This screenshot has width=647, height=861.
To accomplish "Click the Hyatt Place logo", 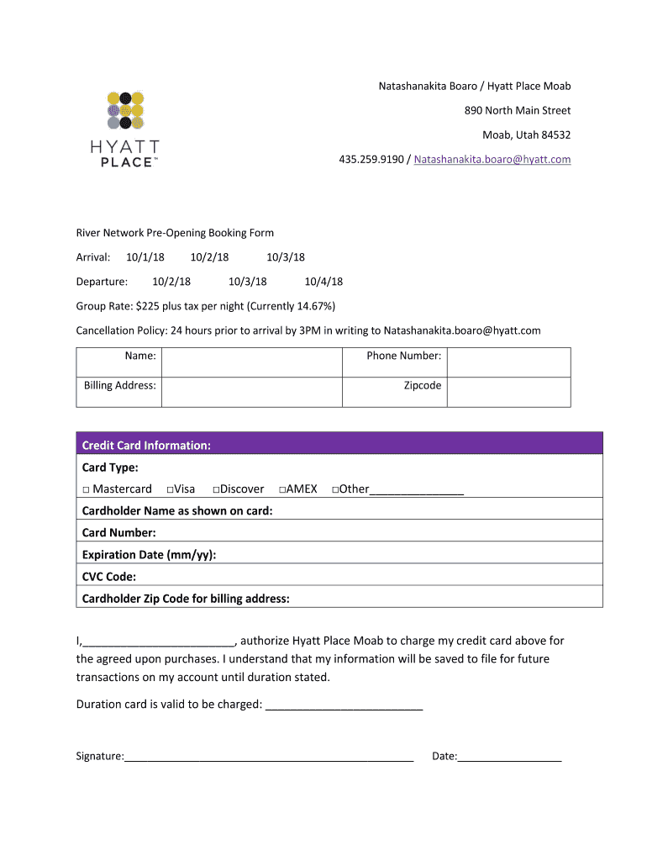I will click(125, 128).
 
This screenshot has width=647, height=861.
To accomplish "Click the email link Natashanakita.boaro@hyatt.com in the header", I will click(492, 159).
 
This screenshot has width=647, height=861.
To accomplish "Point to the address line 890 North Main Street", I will click(518, 110).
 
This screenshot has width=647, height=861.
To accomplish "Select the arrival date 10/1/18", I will click(145, 257).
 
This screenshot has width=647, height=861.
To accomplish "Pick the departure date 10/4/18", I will click(323, 282).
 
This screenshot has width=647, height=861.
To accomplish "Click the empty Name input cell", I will click(251, 362).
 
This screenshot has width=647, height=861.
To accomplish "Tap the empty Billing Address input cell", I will click(251, 392).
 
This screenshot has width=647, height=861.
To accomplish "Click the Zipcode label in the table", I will click(423, 385).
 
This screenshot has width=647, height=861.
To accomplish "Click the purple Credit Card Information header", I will click(339, 444).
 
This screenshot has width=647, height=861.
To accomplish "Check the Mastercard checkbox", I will click(86, 489).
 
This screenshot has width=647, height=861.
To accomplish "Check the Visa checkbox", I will click(170, 489).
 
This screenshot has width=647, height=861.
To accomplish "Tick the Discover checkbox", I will click(216, 489).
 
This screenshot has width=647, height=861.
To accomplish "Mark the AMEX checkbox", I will click(282, 489).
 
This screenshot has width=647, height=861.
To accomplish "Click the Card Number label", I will click(118, 532).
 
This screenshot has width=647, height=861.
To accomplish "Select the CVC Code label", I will click(108, 576).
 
